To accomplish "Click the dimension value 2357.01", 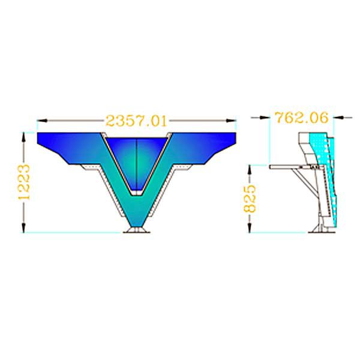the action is click(136, 121).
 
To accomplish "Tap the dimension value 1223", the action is click(24, 182).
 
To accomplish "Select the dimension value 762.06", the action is click(302, 118).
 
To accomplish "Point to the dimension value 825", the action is click(250, 199).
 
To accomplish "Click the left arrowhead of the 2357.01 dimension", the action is click(42, 121).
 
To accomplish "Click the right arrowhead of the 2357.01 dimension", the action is click(231, 121).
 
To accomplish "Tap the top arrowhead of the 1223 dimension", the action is click(23, 137).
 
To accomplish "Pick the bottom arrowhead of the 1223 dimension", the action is click(23, 227).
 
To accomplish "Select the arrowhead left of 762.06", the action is click(264, 118).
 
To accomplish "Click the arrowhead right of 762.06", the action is click(339, 118).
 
